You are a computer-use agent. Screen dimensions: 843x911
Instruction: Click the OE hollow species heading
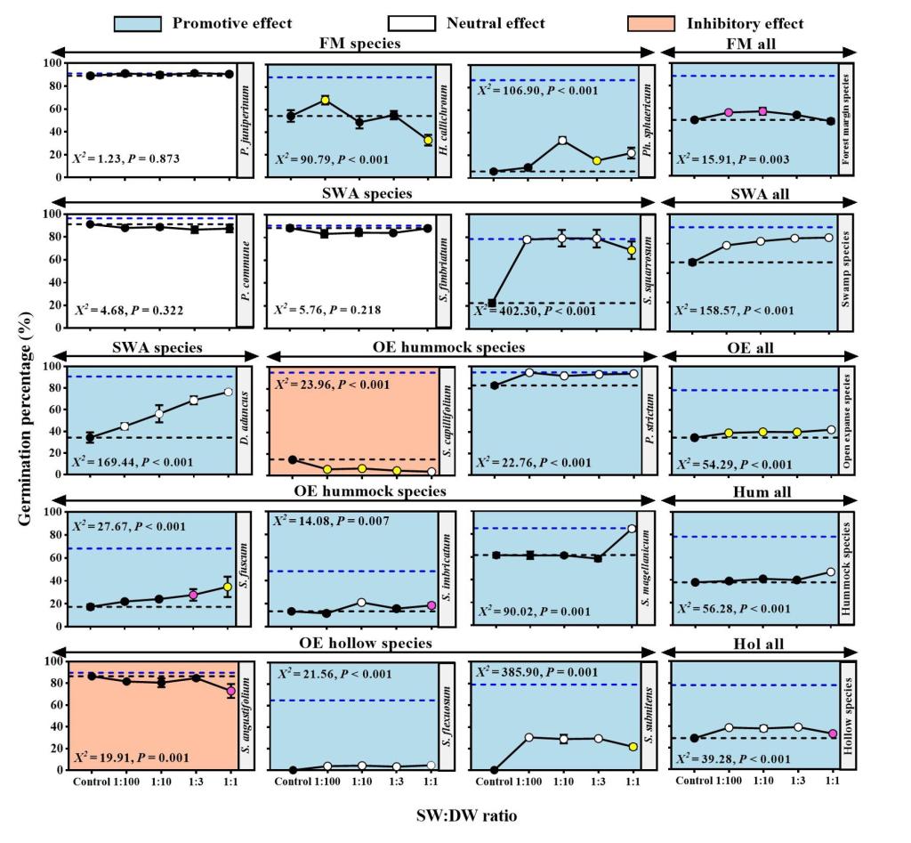(x=364, y=643)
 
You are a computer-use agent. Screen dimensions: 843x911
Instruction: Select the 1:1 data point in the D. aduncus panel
(x=229, y=393)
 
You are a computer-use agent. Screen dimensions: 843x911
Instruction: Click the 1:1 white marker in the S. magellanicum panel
(x=632, y=529)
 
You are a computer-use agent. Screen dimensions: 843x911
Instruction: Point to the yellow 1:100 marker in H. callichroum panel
(x=326, y=101)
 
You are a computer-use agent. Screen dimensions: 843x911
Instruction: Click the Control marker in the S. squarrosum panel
(x=493, y=304)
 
